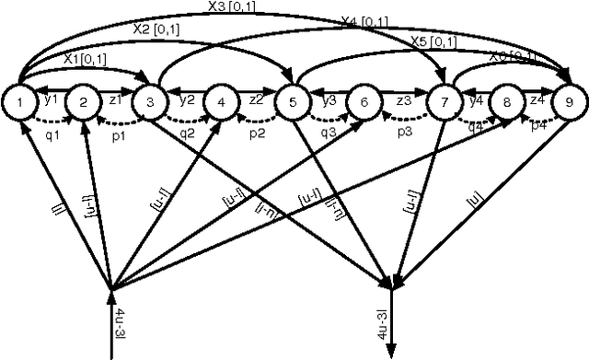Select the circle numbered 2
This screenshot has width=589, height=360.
pos(82,102)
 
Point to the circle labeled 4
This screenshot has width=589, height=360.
pos(221,102)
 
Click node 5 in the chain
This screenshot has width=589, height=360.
pos(293,102)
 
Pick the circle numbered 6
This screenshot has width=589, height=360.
pos(364,102)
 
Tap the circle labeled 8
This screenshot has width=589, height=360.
pos(504,102)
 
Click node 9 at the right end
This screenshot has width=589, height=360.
pos(568,102)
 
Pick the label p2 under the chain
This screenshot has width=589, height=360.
pos(259,133)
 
